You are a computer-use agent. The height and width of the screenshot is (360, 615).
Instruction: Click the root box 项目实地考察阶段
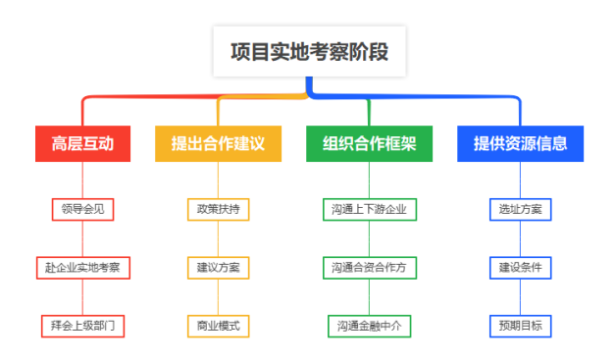click(x=309, y=51)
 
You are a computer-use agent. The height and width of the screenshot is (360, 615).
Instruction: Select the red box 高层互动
click(x=82, y=143)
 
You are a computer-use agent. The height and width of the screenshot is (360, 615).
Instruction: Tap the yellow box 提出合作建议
click(x=218, y=143)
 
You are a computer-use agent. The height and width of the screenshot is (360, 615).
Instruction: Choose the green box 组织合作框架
click(x=369, y=143)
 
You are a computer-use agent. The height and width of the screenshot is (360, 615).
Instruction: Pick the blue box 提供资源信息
click(x=520, y=143)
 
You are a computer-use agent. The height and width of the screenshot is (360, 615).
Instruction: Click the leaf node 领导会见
click(x=82, y=209)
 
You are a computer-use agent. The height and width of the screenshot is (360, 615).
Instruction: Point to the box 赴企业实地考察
click(x=82, y=267)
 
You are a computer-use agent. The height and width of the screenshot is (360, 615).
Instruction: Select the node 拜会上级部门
click(x=82, y=326)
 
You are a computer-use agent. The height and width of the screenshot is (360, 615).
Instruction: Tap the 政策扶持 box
click(x=218, y=209)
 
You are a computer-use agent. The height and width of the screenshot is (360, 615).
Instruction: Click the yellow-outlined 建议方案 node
click(x=218, y=267)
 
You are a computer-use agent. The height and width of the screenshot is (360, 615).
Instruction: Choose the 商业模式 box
click(x=218, y=326)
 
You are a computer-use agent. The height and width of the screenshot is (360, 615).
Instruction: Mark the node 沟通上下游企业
click(x=369, y=209)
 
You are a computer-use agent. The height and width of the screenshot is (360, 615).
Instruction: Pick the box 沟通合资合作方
click(x=369, y=267)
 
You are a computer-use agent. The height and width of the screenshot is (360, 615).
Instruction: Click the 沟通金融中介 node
click(x=369, y=326)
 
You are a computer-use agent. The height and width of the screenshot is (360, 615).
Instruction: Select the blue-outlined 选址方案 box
click(x=520, y=209)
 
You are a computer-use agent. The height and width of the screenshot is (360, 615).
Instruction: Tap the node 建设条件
click(x=520, y=267)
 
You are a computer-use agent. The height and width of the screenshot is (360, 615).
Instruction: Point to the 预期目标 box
click(x=520, y=326)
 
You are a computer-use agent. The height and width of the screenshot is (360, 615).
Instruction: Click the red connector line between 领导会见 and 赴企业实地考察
click(x=82, y=238)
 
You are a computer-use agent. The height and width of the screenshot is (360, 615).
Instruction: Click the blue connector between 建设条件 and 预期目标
click(x=520, y=296)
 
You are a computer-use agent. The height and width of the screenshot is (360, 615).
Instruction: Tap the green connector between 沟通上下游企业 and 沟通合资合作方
click(x=369, y=238)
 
